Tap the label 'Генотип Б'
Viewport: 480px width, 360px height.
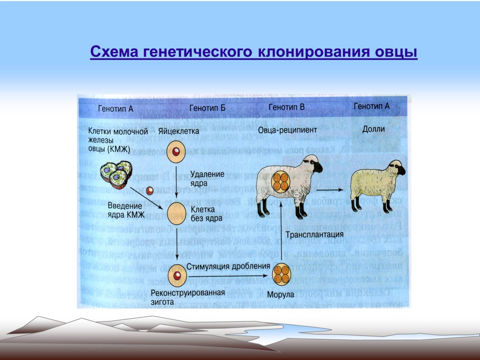point(207,108)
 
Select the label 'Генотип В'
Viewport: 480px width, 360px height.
point(286,107)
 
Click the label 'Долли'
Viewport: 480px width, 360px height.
point(373,129)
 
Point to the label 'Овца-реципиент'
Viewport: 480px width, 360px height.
point(287,130)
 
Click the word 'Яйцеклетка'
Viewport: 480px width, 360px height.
point(178,130)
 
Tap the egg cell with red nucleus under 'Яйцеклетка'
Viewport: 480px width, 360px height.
point(176,152)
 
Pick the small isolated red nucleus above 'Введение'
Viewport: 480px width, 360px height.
point(149,191)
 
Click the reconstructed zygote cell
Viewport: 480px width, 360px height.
point(176,275)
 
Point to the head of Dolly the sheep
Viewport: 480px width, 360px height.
point(397,168)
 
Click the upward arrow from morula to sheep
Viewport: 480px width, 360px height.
point(282,240)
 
